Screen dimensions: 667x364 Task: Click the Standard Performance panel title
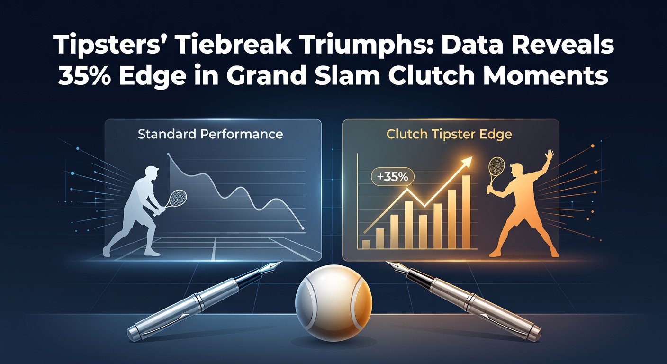pyautogui.click(x=210, y=134)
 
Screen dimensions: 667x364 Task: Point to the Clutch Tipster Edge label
pyautogui.click(x=449, y=134)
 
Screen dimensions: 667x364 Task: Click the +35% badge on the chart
pyautogui.click(x=392, y=177)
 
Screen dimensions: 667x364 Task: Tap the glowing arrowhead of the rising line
pyautogui.click(x=467, y=163)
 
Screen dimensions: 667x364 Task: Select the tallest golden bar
pyautogui.click(x=466, y=212)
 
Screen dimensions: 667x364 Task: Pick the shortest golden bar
pyautogui.click(x=366, y=244)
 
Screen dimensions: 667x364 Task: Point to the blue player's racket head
pyautogui.click(x=178, y=198)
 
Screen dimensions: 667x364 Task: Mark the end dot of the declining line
pyautogui.click(x=303, y=228)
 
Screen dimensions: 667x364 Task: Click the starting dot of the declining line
pyautogui.click(x=169, y=155)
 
